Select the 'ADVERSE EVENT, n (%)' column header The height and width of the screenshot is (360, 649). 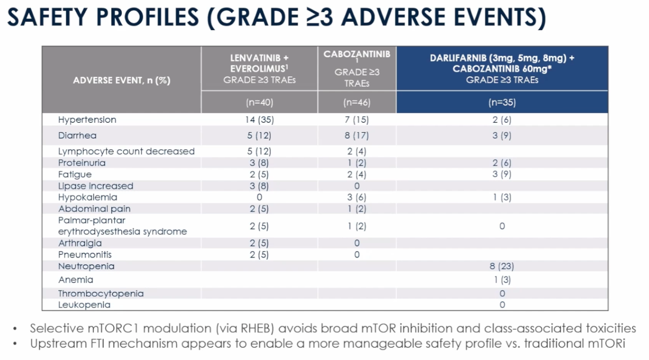click(122, 80)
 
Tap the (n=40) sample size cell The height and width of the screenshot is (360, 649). click(259, 102)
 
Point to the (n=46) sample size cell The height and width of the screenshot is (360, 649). click(357, 102)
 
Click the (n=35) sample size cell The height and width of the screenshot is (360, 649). click(502, 102)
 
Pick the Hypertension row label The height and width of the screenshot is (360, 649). click(87, 120)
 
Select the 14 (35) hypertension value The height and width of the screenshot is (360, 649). click(259, 120)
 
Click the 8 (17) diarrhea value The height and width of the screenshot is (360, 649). click(357, 136)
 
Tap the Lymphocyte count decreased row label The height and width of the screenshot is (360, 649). click(126, 151)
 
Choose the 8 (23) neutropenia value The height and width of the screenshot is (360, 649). click(502, 266)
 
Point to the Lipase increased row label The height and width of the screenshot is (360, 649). click(95, 186)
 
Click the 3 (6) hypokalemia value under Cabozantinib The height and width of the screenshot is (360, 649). click(357, 197)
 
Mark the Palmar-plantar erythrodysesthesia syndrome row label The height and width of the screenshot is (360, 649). click(122, 226)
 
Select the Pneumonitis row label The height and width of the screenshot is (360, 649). click(85, 255)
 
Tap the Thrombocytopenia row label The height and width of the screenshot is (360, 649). click(101, 293)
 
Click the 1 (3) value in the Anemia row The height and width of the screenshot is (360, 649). click(502, 280)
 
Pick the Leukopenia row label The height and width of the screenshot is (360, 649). click(84, 305)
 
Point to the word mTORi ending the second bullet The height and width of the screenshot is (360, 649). click(609, 343)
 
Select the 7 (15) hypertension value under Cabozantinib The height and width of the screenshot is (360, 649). click(357, 120)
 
